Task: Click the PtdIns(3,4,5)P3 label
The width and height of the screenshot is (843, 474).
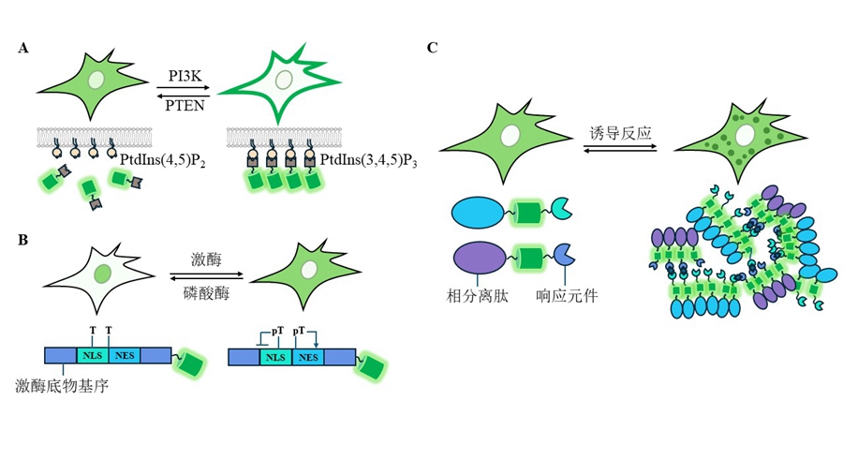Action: point(368,161)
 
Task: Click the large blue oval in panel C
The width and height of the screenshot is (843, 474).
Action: point(478,211)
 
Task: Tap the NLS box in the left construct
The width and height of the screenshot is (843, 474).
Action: point(92,355)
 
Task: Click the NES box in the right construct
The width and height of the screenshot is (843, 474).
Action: point(306,355)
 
